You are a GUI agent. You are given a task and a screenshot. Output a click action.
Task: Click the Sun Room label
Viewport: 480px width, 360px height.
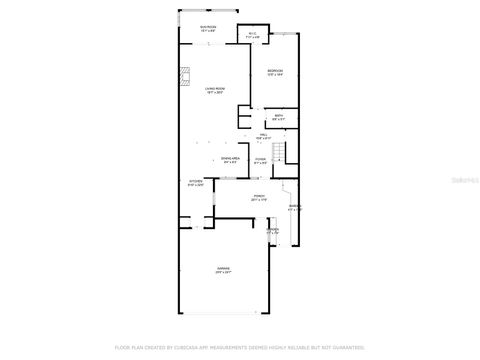click(208, 26)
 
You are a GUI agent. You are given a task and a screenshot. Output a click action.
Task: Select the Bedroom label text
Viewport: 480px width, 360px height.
click(275, 70)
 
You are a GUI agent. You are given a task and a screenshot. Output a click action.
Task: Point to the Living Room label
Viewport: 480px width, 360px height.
click(214, 89)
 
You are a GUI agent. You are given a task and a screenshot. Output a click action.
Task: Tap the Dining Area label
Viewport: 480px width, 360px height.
click(229, 159)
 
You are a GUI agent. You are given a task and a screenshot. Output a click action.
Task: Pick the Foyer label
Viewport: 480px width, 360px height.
click(259, 159)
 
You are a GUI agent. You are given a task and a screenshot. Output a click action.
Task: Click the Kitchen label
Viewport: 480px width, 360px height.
click(196, 182)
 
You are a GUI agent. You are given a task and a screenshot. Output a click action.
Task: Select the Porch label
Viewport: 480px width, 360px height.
click(258, 196)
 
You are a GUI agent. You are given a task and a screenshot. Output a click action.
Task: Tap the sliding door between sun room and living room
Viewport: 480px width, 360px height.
click(208, 42)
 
